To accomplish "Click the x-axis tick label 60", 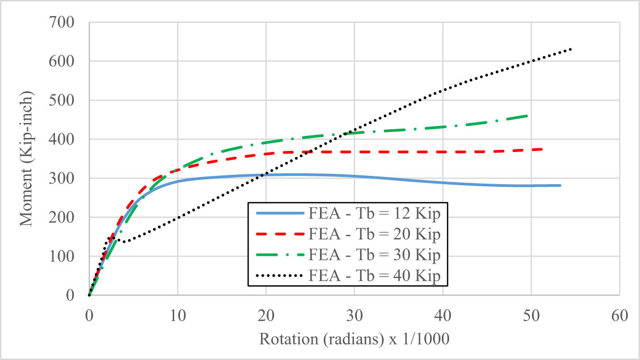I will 620,315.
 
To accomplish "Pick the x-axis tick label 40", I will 443,315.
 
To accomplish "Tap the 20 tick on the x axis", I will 266,315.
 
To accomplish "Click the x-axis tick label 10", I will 178,315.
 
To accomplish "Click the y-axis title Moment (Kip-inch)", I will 27,159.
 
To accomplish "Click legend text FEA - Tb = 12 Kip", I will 374,213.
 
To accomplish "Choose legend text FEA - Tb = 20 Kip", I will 374,234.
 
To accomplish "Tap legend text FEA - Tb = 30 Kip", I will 374,255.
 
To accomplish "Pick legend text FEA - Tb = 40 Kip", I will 374,276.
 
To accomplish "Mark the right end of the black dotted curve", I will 571,49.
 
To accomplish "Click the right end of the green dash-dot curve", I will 528,116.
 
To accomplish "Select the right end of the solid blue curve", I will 560,185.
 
